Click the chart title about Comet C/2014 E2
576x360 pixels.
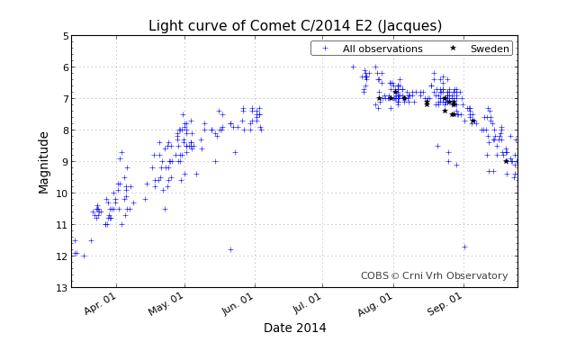click(295, 25)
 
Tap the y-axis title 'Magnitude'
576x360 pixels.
click(44, 162)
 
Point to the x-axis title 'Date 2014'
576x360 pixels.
click(294, 328)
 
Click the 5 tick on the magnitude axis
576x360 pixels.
click(65, 36)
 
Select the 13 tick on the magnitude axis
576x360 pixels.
click(62, 288)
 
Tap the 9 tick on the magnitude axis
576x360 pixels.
click(65, 162)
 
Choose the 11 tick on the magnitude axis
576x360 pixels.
click(62, 225)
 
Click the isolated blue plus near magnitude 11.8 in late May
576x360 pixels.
click(230, 249)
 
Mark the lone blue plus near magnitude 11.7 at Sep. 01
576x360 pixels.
click(464, 247)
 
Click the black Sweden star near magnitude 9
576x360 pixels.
click(506, 161)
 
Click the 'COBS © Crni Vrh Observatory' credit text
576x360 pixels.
click(434, 276)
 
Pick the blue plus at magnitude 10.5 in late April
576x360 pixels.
click(164, 209)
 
